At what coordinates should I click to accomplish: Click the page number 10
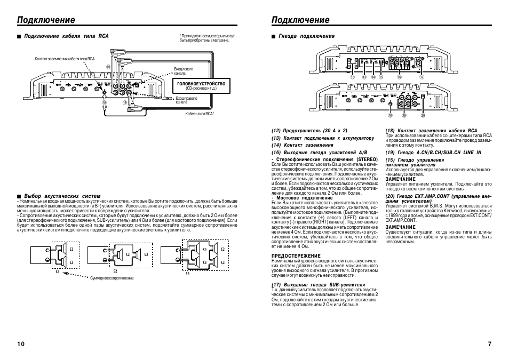[x=21, y=344]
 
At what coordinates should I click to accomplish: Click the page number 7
[x=489, y=344]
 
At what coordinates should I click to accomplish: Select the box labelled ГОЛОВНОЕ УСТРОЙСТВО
[x=201, y=86]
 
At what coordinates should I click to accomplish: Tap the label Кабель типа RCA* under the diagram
[x=200, y=113]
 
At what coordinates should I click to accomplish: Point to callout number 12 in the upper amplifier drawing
[x=352, y=77]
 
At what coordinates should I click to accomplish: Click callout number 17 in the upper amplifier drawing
[x=421, y=77]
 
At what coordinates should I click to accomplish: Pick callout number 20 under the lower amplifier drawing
[x=423, y=115]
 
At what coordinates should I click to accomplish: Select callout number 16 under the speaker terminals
[x=399, y=77]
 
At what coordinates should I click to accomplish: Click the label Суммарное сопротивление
[x=112, y=278]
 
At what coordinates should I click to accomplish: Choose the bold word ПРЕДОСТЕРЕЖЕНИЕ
[x=292, y=256]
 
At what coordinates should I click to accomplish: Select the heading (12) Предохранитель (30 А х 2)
[x=309, y=130]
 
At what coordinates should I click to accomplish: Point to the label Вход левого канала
[x=183, y=71]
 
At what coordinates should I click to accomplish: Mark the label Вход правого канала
[x=186, y=100]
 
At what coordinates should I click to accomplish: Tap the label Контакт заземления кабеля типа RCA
[x=64, y=59]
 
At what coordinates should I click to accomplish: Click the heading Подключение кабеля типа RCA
[x=66, y=36]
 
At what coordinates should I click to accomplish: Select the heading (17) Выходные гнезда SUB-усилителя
[x=318, y=285]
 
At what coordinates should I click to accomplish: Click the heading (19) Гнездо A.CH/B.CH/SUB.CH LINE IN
[x=433, y=153]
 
